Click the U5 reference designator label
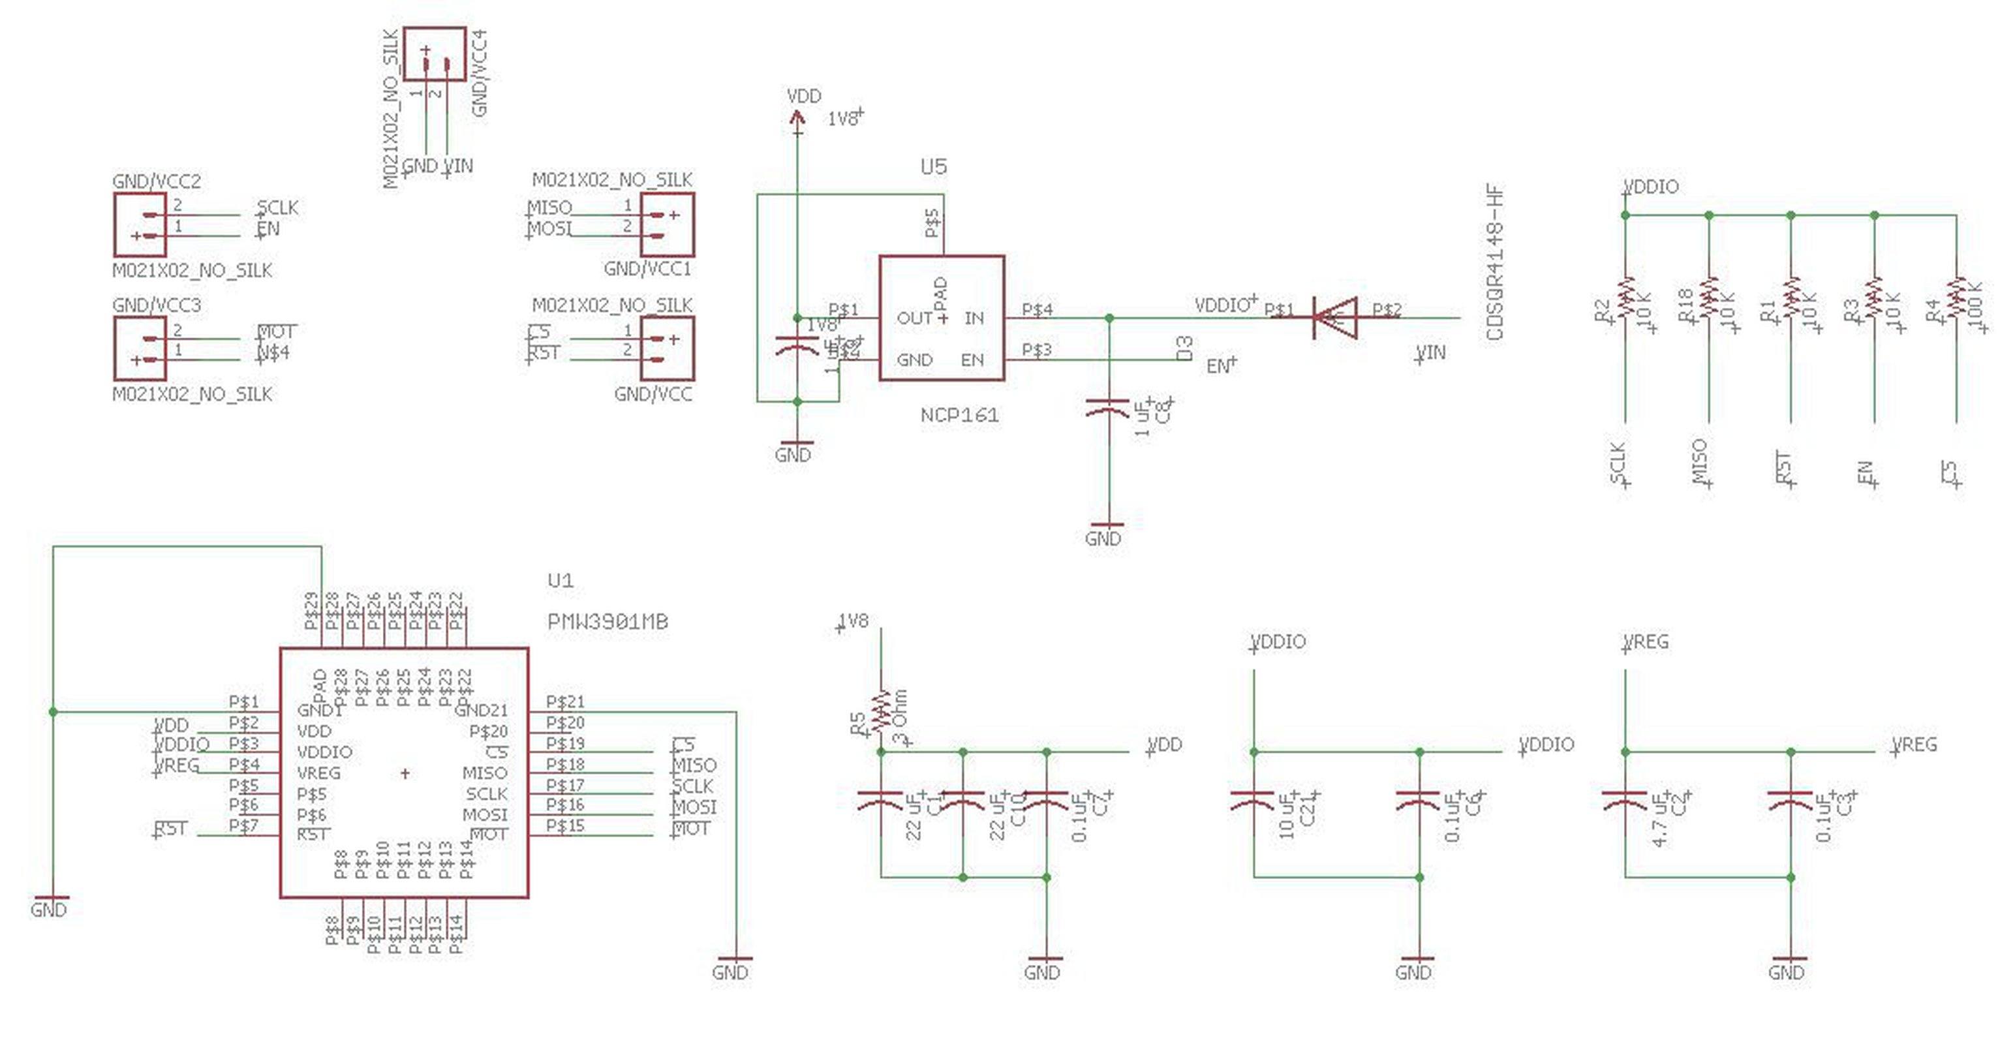933,166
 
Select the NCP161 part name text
959,415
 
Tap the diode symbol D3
1334,318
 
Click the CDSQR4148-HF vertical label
1495,262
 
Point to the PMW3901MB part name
607,622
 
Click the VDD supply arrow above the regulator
797,118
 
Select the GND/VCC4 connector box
435,54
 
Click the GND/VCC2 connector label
157,181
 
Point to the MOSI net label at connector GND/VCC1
549,229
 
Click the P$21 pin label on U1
565,701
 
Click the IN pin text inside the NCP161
974,318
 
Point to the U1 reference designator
560,580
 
